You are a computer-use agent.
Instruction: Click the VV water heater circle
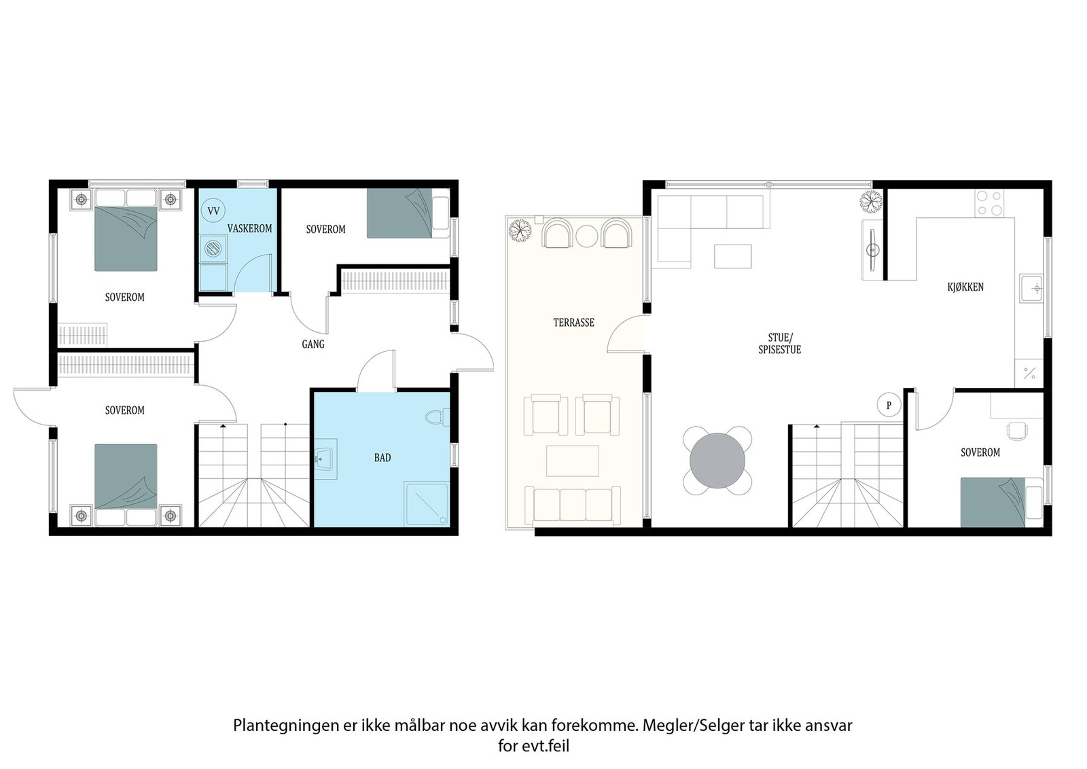(213, 211)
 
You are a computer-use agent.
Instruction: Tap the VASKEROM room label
(250, 228)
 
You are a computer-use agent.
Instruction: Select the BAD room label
(382, 457)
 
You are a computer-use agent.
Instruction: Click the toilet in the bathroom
(438, 417)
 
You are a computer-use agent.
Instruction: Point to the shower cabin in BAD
(427, 504)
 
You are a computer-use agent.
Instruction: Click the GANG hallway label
(313, 344)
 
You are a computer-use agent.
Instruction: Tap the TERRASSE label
(573, 323)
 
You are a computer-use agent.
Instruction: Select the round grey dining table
(717, 461)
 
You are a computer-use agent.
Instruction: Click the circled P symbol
(889, 405)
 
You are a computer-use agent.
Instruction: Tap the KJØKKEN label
(965, 287)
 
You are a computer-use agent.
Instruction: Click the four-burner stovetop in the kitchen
(989, 203)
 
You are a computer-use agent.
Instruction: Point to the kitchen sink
(1031, 289)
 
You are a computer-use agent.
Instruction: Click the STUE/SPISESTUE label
(779, 344)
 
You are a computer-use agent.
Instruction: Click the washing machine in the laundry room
(213, 249)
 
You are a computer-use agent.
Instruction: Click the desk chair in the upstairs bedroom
(1017, 430)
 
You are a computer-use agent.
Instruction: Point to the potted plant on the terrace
(520, 230)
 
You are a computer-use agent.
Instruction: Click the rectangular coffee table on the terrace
(573, 461)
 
